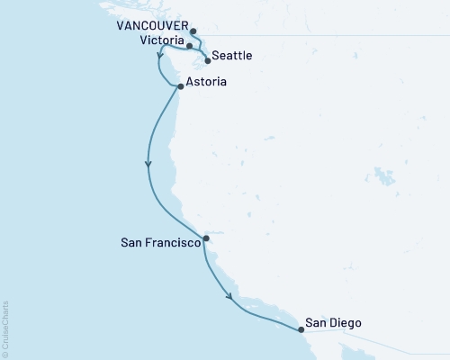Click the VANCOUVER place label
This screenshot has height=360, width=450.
pos(149,28)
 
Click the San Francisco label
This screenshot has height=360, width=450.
pos(159,242)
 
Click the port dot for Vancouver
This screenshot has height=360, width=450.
pos(193,31)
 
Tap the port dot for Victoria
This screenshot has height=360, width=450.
pos(189,44)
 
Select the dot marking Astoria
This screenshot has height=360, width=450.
pos(181,86)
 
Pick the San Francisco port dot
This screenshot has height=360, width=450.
pos(206,238)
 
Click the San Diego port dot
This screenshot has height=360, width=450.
pos(301,329)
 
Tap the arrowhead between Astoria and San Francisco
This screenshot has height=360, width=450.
pos(148,164)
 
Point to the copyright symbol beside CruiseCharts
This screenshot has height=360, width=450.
pos(5,354)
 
